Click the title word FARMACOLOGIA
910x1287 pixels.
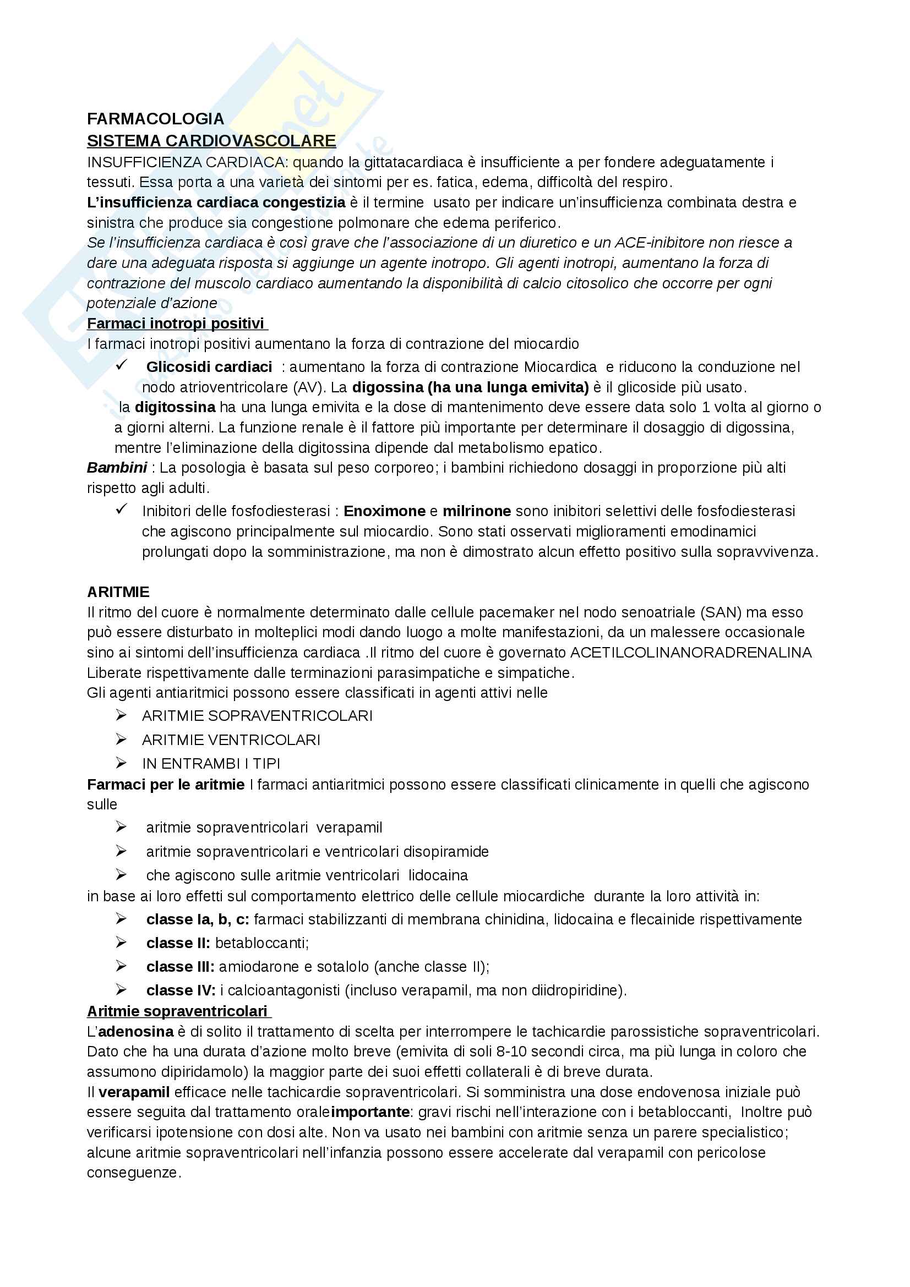point(155,119)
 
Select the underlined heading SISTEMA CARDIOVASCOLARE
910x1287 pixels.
point(211,140)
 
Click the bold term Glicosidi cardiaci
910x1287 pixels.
point(209,366)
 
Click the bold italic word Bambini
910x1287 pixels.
point(117,467)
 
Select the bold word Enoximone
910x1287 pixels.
point(385,511)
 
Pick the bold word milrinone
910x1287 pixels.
point(477,511)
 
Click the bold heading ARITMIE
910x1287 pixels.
point(118,592)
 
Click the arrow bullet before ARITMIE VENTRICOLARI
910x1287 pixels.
point(121,740)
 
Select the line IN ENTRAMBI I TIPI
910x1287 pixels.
point(211,764)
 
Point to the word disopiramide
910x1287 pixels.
point(446,851)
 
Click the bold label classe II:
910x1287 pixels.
point(178,943)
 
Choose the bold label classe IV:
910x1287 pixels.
point(181,990)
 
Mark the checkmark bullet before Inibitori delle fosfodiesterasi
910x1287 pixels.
point(121,510)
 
